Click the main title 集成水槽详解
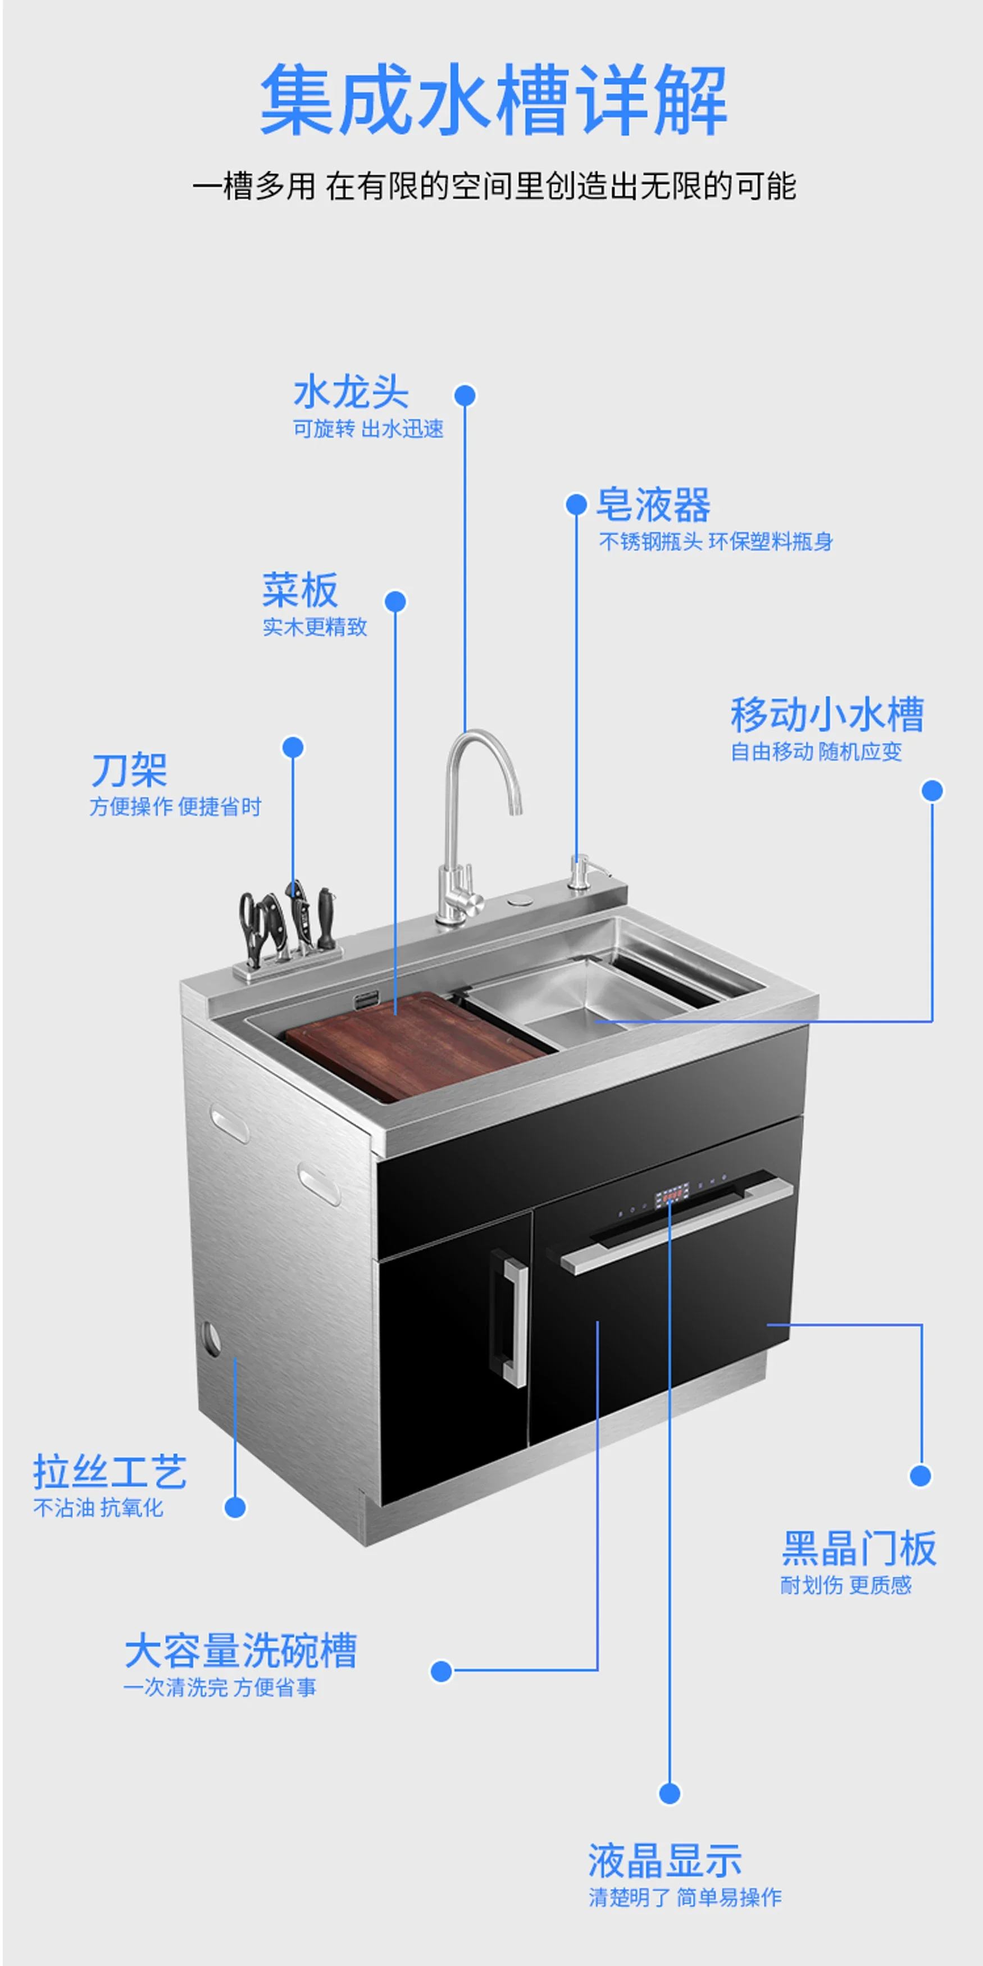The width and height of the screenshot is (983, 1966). point(493,100)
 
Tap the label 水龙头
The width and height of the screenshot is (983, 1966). point(351,392)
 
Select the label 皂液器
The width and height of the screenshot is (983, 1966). point(653,504)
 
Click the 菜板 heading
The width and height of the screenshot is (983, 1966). point(300,590)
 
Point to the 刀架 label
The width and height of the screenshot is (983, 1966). point(129,770)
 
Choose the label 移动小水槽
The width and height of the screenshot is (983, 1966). point(827,715)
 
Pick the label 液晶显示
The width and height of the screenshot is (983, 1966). point(665,1860)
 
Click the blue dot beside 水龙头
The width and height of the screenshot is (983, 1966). point(465,395)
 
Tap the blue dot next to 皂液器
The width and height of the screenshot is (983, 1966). point(576,504)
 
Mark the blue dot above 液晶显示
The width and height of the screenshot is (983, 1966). point(670,1794)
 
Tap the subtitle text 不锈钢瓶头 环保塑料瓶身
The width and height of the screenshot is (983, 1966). point(716,542)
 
